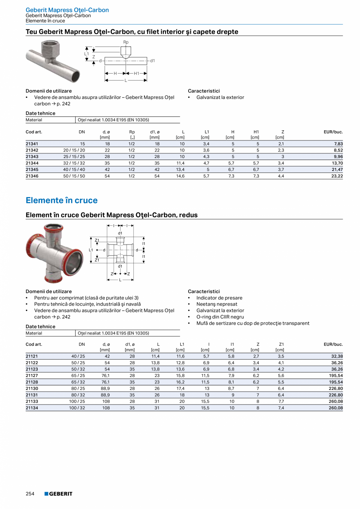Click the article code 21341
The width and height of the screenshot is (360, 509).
[32, 144]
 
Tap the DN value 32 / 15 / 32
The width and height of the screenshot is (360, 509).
[74, 164]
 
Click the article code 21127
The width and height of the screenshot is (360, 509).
[32, 376]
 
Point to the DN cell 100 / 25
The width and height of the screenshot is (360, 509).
[77, 401]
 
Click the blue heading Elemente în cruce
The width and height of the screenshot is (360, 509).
[61, 200]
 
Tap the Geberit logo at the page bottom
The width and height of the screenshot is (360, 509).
[58, 494]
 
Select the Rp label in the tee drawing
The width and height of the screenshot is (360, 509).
[126, 42]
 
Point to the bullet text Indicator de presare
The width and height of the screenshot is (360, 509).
[219, 298]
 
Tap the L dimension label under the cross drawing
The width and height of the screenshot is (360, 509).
[121, 280]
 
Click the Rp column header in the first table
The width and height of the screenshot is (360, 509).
[132, 132]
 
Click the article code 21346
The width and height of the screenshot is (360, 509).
[32, 176]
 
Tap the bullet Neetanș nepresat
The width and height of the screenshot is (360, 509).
[217, 304]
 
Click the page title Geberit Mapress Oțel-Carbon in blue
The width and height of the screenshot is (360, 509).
[67, 10]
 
